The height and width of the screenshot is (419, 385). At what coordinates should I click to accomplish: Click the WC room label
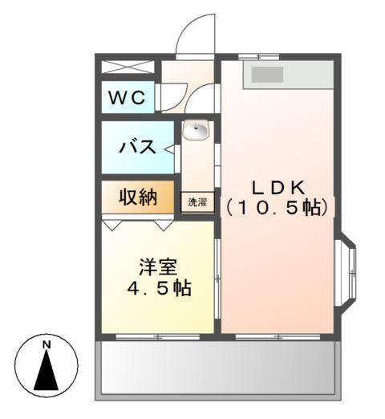127,99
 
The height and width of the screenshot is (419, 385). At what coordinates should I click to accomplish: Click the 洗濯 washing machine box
197,202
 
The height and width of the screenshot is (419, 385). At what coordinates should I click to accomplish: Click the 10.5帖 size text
276,207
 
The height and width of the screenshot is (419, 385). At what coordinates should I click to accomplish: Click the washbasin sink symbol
196,130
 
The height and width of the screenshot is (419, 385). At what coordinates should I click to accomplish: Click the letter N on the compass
47,345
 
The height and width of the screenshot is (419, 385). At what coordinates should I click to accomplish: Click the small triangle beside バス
169,148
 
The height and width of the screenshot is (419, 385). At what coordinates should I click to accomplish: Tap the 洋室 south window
157,336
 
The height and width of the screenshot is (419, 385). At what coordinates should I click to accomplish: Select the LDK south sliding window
277,336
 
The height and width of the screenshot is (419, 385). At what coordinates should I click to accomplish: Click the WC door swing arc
171,97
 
